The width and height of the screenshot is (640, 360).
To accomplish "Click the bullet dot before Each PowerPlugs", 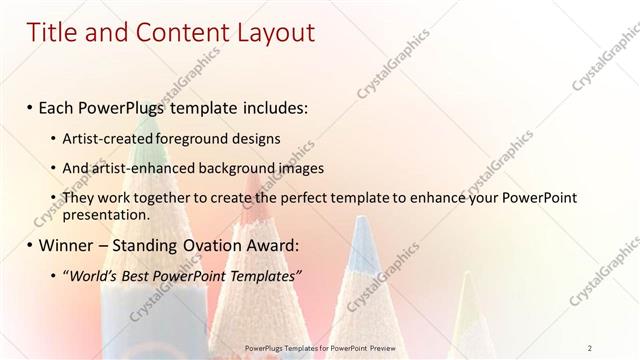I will pos(30,108).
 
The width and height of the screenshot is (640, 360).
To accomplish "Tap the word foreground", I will pos(190,138).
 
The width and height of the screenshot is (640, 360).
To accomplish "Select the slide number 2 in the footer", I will pos(591,347).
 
